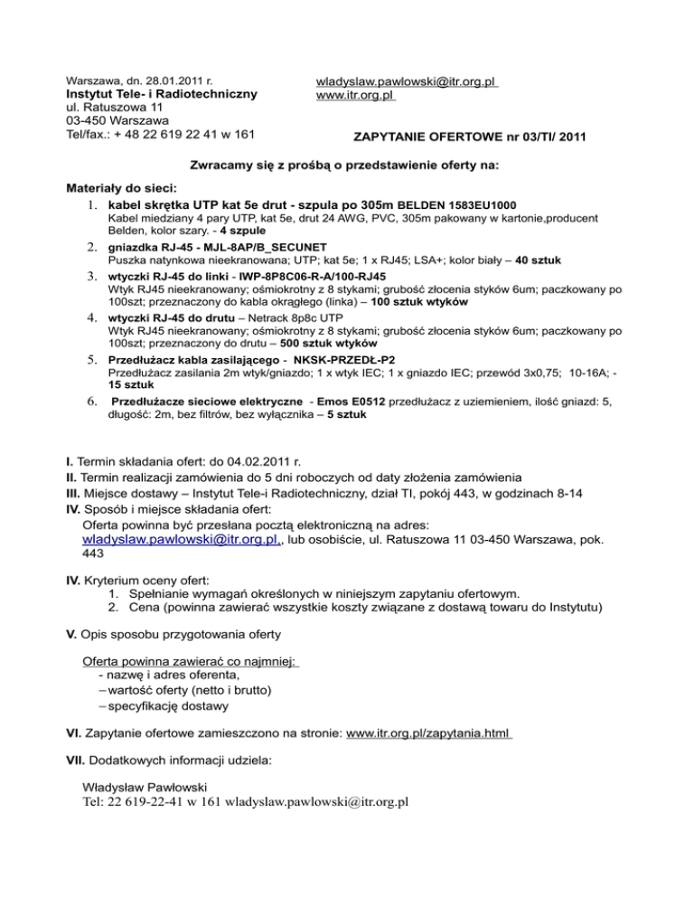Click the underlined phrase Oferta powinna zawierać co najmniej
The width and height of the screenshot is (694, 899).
(190, 662)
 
